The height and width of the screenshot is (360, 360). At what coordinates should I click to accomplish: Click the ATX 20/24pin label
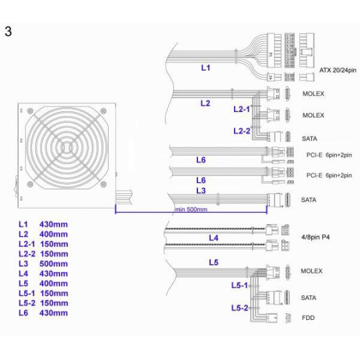[x=338, y=70]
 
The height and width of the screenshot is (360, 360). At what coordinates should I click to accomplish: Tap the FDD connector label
[x=308, y=318]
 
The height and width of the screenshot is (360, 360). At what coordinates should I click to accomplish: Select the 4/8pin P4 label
[x=315, y=237]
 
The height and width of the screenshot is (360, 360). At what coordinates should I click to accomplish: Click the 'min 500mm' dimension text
[x=191, y=209]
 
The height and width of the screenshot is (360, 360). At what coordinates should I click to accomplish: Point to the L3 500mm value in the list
[x=53, y=264]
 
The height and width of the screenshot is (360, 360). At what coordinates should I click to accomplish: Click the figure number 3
[x=8, y=31]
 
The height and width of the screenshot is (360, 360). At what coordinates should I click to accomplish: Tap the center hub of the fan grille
[x=67, y=147]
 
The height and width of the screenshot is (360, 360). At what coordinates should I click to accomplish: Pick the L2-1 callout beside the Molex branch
[x=241, y=109]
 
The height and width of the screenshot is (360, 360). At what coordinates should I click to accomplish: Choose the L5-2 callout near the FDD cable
[x=239, y=307]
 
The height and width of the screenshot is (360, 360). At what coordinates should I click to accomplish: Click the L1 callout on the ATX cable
[x=205, y=68]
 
